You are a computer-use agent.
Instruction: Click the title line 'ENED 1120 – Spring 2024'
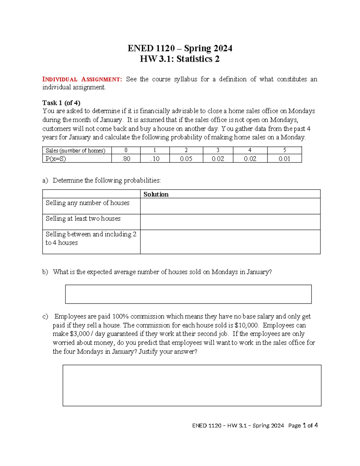click(180, 48)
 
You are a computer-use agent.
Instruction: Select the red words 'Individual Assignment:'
click(82, 80)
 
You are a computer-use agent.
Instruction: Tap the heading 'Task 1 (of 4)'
click(61, 103)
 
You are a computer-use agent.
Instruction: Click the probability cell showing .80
click(126, 159)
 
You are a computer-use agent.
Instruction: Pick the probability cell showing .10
click(155, 159)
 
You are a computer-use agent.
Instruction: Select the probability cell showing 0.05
click(186, 159)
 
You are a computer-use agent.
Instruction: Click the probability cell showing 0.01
click(284, 159)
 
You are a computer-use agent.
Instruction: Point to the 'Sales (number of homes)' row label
click(75, 151)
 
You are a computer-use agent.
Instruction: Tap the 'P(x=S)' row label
click(56, 159)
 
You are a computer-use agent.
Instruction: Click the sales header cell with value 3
click(218, 150)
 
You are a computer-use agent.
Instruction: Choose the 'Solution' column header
click(156, 194)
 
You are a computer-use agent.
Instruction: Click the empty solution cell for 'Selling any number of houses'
click(230, 206)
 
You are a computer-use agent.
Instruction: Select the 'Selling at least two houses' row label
click(83, 219)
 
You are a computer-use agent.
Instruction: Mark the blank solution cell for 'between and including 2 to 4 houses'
click(230, 242)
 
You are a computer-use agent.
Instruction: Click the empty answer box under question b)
click(188, 294)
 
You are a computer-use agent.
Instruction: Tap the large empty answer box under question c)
click(192, 385)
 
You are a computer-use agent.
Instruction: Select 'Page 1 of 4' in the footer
click(303, 425)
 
